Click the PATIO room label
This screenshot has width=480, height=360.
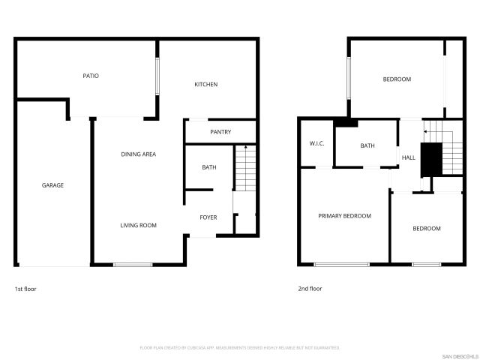[x=91, y=76]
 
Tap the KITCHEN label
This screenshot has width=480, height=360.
[x=206, y=85]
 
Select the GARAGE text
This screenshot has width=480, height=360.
[x=52, y=185]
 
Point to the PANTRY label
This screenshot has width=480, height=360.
[x=220, y=132]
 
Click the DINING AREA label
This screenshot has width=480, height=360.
[x=139, y=154]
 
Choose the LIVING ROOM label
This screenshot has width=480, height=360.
[x=139, y=225]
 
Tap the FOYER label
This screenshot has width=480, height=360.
[x=208, y=217]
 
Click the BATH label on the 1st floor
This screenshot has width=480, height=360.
[x=209, y=167]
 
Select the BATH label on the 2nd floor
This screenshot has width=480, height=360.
[x=367, y=146]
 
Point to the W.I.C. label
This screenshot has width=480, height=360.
[x=316, y=143]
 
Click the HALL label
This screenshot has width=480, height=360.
[x=409, y=157]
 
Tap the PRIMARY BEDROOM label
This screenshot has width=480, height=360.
[x=344, y=216]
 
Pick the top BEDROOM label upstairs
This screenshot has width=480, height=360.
[x=397, y=79]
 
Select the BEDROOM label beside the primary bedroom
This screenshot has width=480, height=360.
[x=427, y=228]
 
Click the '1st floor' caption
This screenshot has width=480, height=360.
[x=25, y=288]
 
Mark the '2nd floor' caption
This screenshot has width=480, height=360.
[x=310, y=288]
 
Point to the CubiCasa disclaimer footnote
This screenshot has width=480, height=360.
[x=240, y=348]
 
